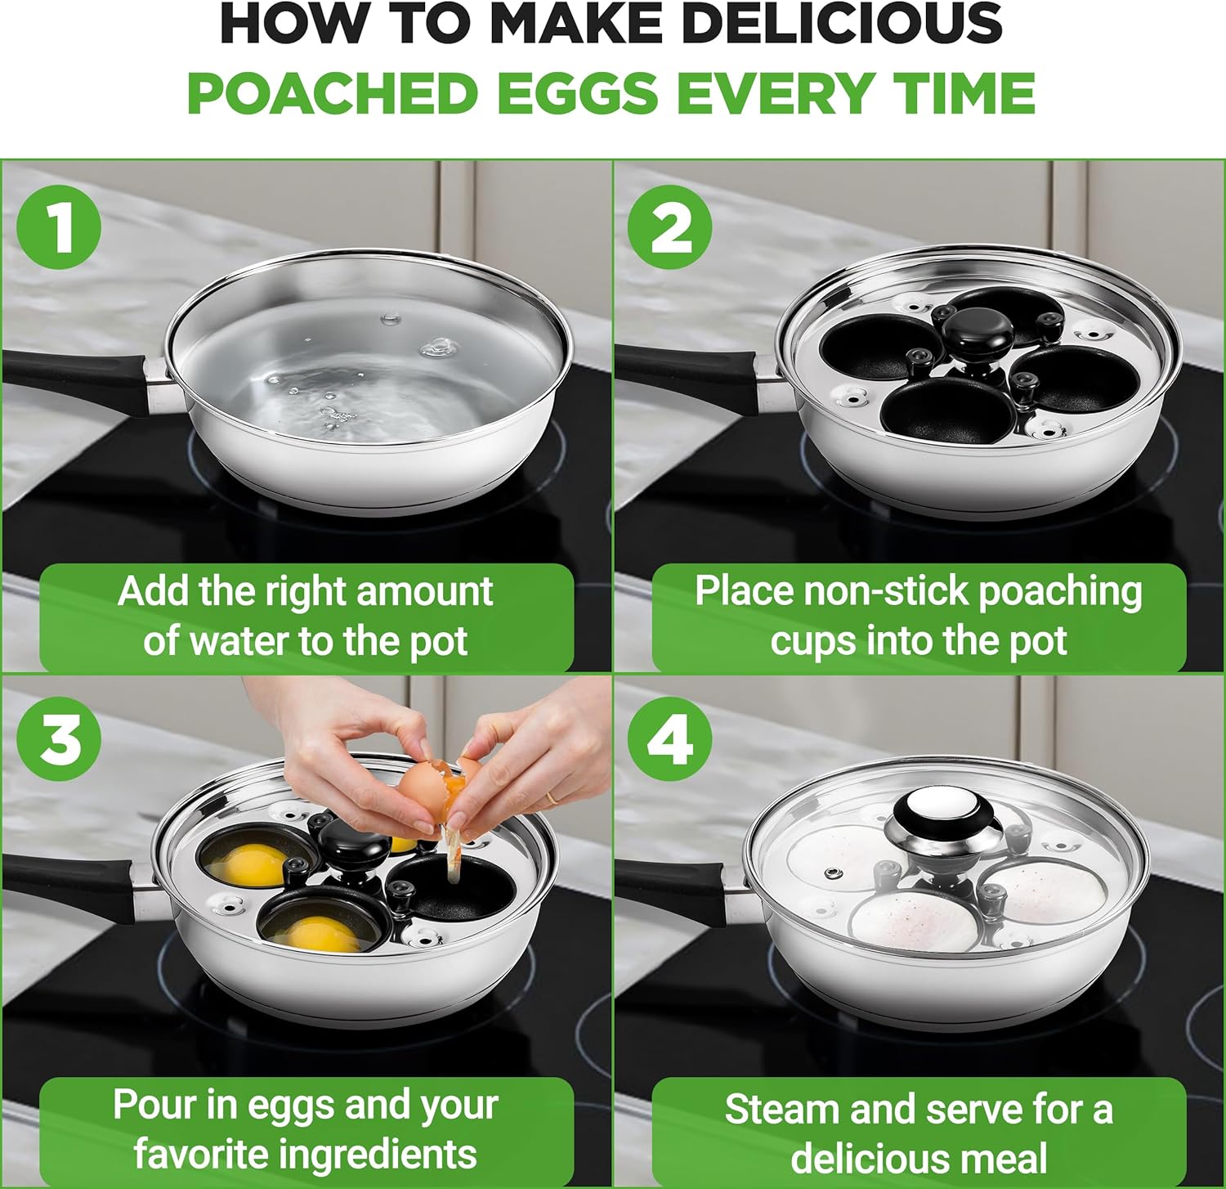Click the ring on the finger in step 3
click(553, 796)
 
